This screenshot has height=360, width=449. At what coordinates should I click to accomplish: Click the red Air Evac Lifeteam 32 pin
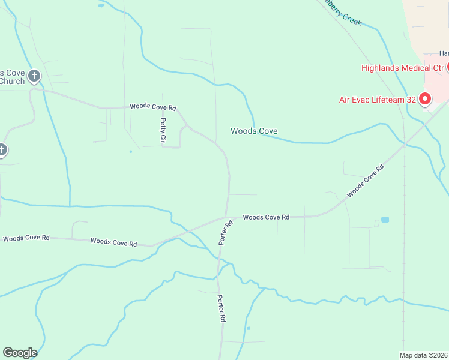pos(425,99)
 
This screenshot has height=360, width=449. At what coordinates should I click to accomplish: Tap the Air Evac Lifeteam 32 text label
pos(376,100)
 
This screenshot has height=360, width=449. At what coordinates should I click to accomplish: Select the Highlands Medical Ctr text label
pos(402,68)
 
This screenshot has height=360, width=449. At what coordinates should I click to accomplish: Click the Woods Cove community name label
pos(254,131)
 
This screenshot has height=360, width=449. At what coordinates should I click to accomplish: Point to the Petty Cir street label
pos(163,130)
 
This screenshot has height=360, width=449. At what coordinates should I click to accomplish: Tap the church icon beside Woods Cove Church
pos(34,76)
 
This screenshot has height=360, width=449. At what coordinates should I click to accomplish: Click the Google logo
pos(20,353)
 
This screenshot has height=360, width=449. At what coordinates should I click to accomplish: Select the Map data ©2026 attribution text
pos(423,355)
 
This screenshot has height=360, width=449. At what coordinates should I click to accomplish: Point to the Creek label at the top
pos(344,12)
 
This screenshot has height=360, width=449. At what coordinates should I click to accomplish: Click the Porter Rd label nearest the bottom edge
pos(221,309)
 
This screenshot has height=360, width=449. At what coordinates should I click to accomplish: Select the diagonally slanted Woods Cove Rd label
pos(364,182)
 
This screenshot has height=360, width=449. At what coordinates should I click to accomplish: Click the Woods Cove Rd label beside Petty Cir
pos(153,107)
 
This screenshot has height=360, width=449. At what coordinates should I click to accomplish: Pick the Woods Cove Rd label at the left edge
pos(25,238)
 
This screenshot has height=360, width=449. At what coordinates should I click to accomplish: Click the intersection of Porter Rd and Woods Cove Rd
pos(226,217)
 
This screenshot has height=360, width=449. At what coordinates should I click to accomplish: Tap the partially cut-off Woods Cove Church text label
pos(12,77)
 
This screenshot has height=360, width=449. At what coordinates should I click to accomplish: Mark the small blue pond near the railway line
pos(385,220)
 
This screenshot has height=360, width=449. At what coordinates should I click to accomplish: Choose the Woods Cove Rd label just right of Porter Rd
pos(266,217)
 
